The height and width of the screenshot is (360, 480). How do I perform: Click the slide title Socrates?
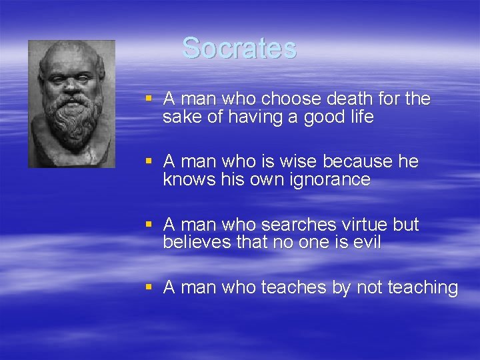239,48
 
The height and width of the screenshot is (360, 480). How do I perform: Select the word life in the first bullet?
359,117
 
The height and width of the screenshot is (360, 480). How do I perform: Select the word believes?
197,242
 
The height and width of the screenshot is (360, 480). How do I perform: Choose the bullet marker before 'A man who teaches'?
150,287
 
